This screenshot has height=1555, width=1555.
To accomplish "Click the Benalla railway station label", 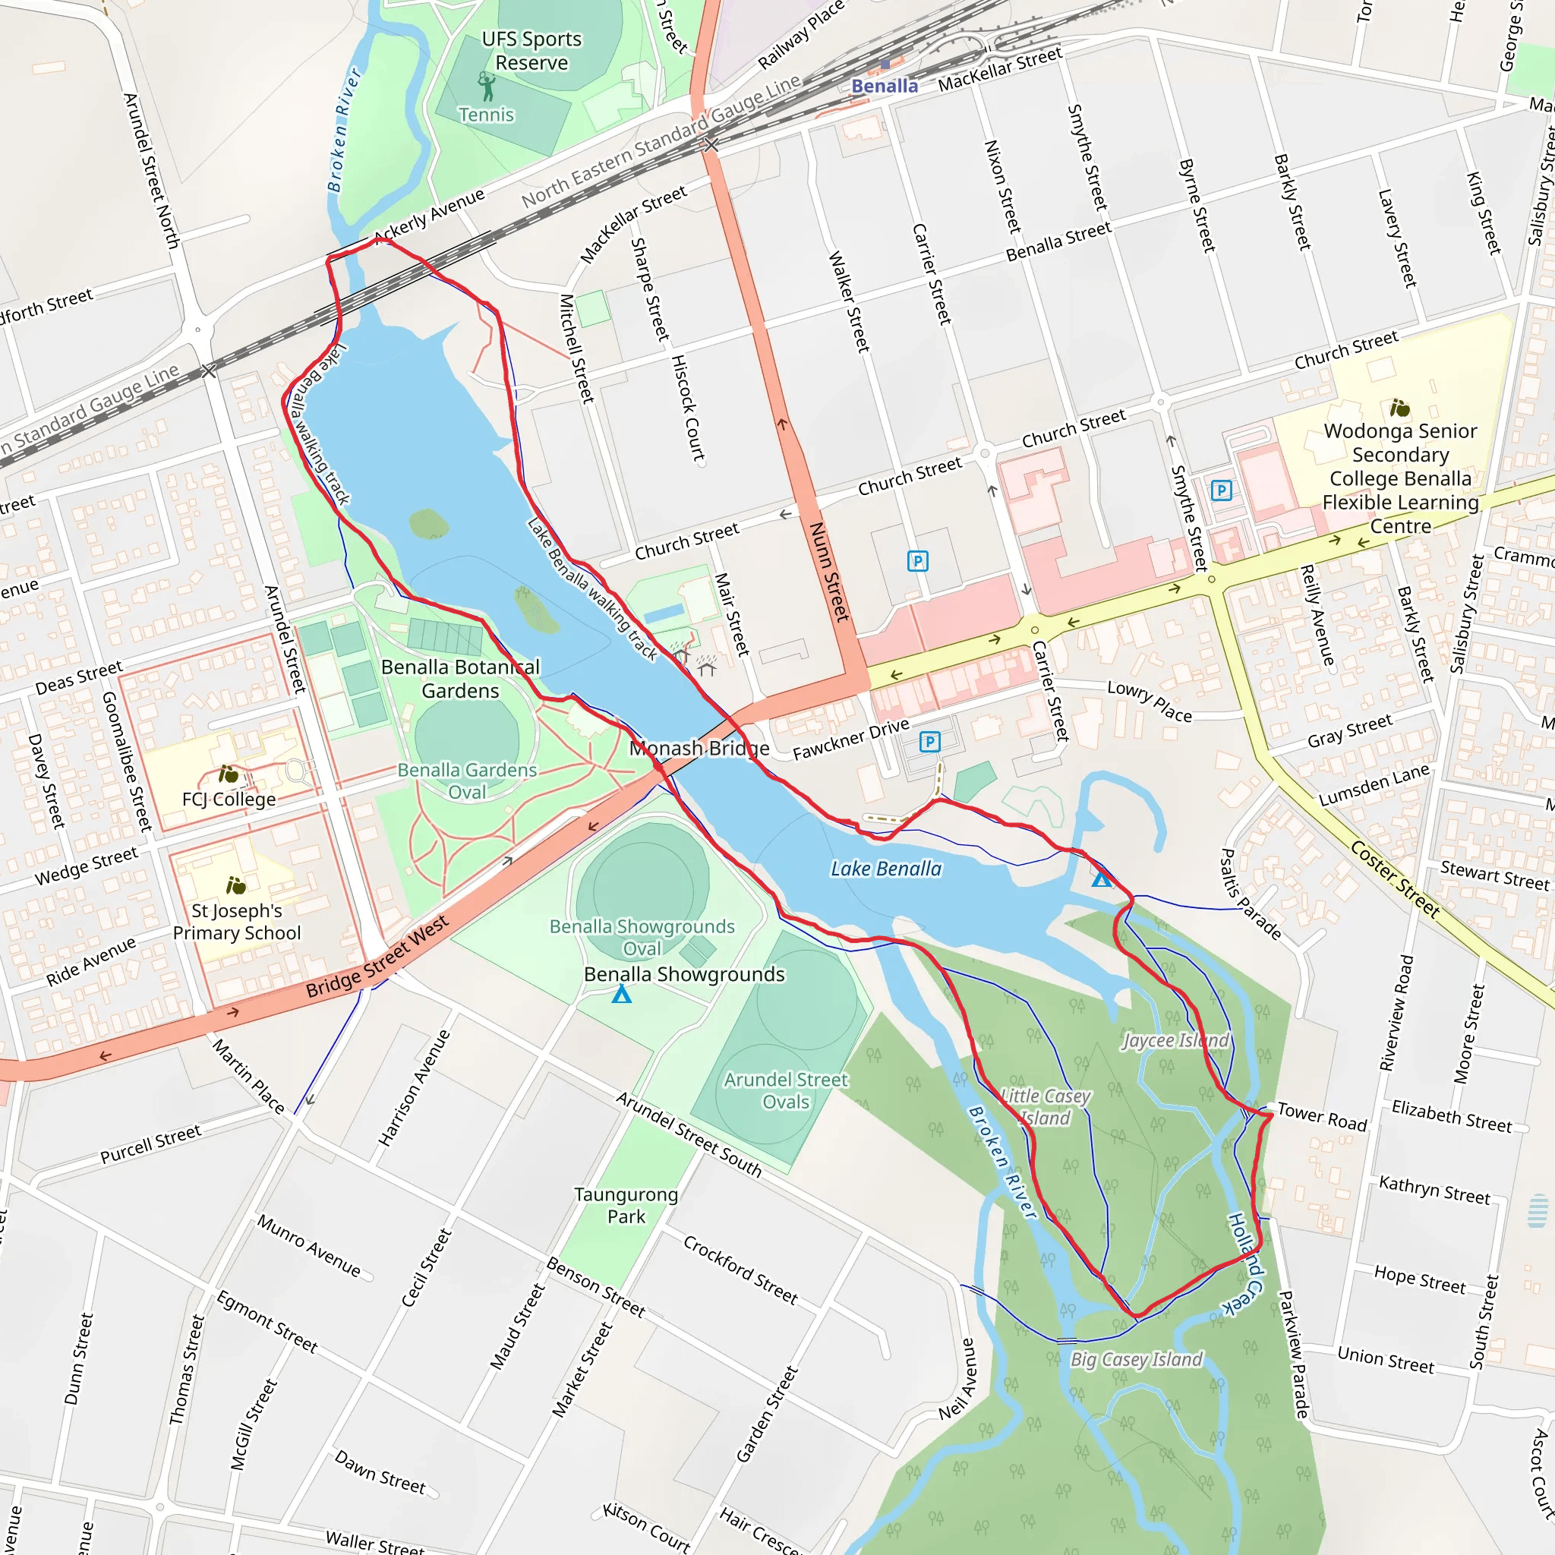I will (884, 86).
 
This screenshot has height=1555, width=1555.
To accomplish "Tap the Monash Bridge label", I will (699, 749).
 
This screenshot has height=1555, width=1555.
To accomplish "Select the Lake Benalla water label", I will (885, 869).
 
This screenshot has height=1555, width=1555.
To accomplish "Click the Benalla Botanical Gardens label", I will (460, 679).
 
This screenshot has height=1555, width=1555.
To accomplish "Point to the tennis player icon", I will (485, 85).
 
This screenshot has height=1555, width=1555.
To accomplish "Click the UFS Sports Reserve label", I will (531, 51).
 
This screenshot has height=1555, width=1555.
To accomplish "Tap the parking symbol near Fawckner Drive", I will (929, 741).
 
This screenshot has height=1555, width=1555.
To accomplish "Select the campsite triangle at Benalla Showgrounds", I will (621, 995).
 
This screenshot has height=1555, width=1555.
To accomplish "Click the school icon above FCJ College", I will (229, 774).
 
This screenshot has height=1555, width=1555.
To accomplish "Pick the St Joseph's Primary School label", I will (237, 922).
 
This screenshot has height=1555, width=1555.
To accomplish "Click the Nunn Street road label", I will (828, 572).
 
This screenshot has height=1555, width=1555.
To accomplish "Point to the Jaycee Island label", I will (1175, 1041).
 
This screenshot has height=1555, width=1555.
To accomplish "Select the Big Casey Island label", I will (1136, 1359).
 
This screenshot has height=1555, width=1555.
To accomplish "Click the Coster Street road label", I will (1393, 879).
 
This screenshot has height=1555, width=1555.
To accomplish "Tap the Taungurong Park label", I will (626, 1206).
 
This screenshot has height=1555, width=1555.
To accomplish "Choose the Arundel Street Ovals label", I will (786, 1090).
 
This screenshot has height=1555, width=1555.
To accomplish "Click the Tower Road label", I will (1322, 1116).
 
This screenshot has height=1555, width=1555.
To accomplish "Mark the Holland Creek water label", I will (1246, 1263).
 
